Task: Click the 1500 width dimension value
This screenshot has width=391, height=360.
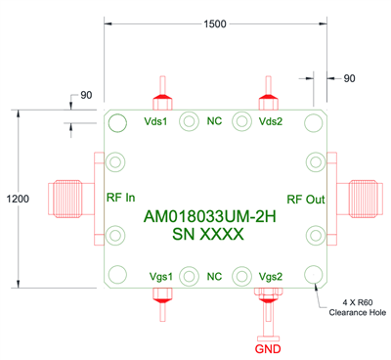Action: click(215, 23)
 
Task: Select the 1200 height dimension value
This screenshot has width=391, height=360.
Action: click(17, 198)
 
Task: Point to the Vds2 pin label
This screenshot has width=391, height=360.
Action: click(270, 121)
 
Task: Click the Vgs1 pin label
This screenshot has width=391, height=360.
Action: click(159, 277)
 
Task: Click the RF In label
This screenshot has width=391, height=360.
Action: click(119, 197)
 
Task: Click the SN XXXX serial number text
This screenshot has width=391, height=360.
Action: click(207, 236)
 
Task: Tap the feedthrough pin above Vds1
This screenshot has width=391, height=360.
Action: click(160, 94)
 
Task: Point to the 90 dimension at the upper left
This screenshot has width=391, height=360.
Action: click(85, 95)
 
